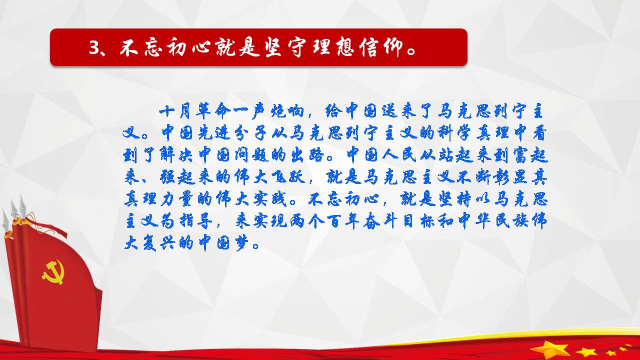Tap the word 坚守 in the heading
(285, 47)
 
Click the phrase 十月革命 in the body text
(195, 111)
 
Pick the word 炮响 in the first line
(287, 111)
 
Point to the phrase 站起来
(465, 155)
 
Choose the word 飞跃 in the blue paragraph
(288, 177)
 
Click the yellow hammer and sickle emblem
(53, 271)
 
